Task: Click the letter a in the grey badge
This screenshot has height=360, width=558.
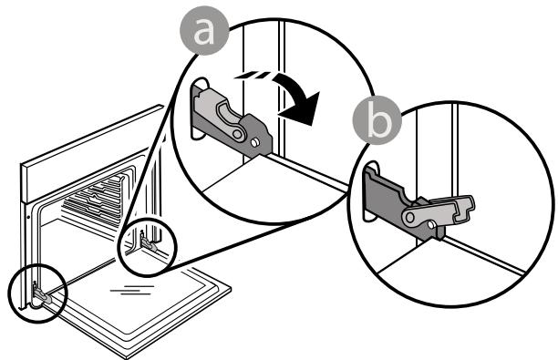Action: click(206, 33)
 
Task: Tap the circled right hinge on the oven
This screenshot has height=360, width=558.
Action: click(148, 242)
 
